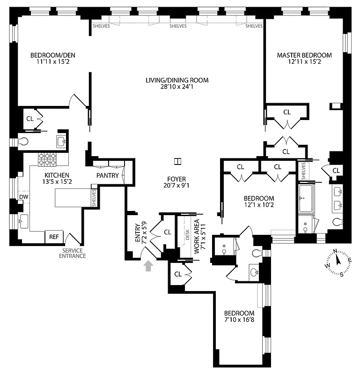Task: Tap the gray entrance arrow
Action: (149, 266)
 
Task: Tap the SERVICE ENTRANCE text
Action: (73, 254)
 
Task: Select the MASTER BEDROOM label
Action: (304, 55)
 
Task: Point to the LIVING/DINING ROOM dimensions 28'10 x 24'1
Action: (176, 87)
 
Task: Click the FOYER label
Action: (177, 179)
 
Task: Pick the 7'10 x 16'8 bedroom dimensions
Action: (239, 320)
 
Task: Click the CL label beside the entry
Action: (168, 232)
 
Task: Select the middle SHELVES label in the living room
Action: (178, 26)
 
